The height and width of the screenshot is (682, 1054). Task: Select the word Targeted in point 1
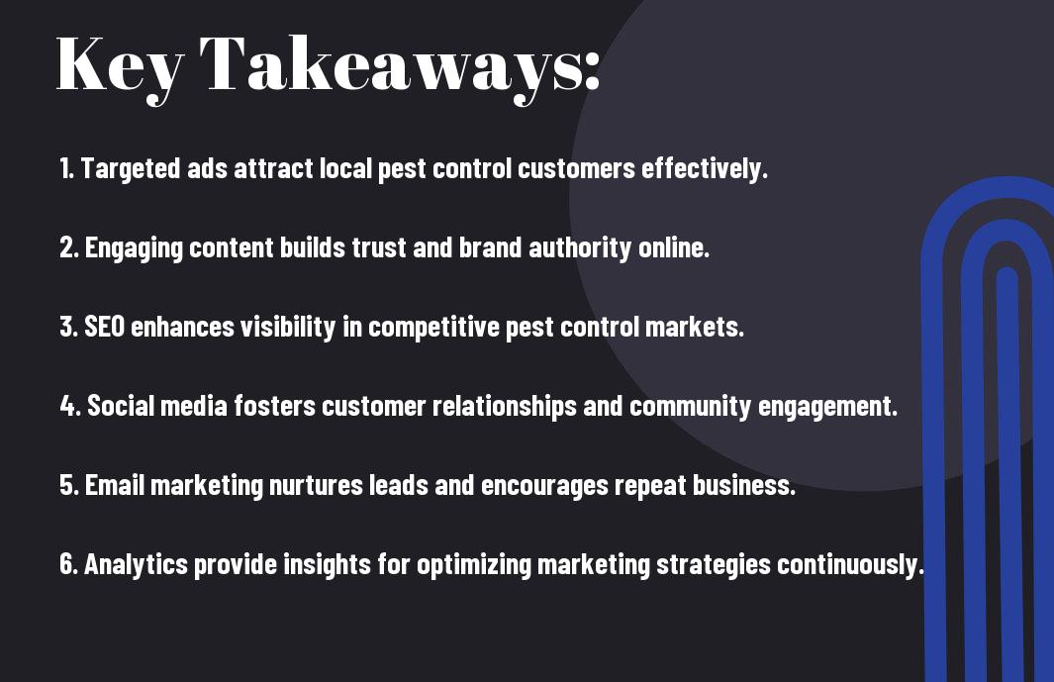[x=131, y=169]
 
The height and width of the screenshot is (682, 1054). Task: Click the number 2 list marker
[x=68, y=247]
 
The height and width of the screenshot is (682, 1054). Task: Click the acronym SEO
[x=104, y=327]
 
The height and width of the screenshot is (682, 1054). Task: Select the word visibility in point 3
[x=288, y=327]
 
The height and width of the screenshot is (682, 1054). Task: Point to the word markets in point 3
[x=695, y=327]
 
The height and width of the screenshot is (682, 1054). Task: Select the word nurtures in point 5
[x=316, y=485]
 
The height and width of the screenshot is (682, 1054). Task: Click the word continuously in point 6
[x=850, y=564]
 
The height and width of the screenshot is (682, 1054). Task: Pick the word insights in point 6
[x=328, y=564]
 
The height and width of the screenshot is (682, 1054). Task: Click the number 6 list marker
[x=68, y=564]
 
